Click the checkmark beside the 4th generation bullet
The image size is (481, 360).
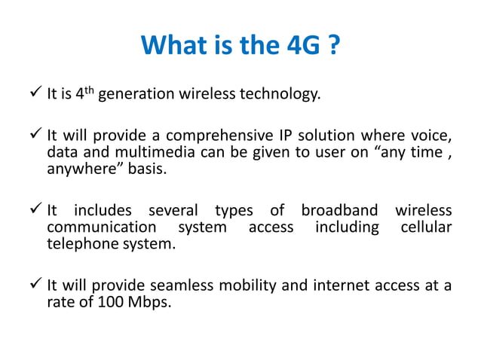point(35,95)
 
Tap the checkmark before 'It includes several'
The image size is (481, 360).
point(35,210)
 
